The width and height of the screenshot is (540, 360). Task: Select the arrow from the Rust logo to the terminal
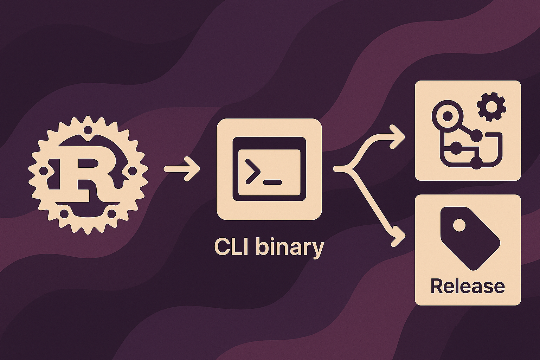coord(181,169)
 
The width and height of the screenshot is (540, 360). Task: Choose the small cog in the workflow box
coord(491,107)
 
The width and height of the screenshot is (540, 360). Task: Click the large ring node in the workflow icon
coord(447,115)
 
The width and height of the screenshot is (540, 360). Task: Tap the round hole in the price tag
coord(459,225)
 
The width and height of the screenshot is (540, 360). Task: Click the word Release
coord(468,286)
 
